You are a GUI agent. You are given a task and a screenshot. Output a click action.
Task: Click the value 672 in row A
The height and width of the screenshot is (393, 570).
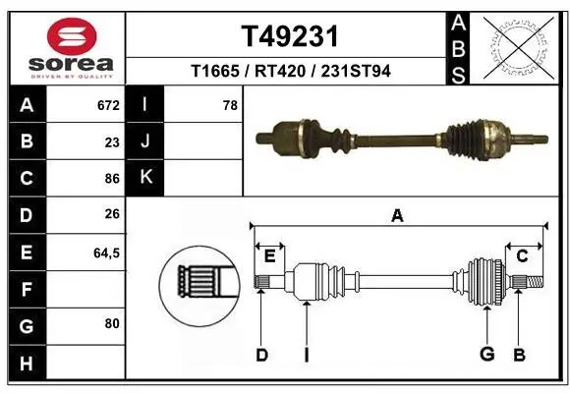(108, 105)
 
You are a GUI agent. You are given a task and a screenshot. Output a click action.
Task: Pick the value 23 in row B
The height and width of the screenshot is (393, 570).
(112, 141)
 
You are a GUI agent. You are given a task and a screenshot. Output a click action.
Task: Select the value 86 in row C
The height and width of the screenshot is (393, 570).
(112, 179)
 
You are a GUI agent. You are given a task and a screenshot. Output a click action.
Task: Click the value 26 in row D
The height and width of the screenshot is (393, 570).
(112, 215)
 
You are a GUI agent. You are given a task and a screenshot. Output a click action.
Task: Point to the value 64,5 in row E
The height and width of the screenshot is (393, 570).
(106, 253)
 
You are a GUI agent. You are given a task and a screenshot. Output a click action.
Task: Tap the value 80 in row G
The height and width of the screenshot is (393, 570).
(112, 323)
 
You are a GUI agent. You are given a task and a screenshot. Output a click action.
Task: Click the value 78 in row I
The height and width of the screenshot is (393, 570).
(230, 105)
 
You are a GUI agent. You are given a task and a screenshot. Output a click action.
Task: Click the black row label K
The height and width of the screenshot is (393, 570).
(145, 178)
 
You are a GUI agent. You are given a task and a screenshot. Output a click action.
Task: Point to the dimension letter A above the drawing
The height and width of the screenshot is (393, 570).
(397, 216)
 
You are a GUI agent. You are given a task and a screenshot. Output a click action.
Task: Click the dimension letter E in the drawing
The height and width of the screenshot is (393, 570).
(269, 256)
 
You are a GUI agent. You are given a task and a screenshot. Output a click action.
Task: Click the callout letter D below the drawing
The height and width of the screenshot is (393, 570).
(261, 355)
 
